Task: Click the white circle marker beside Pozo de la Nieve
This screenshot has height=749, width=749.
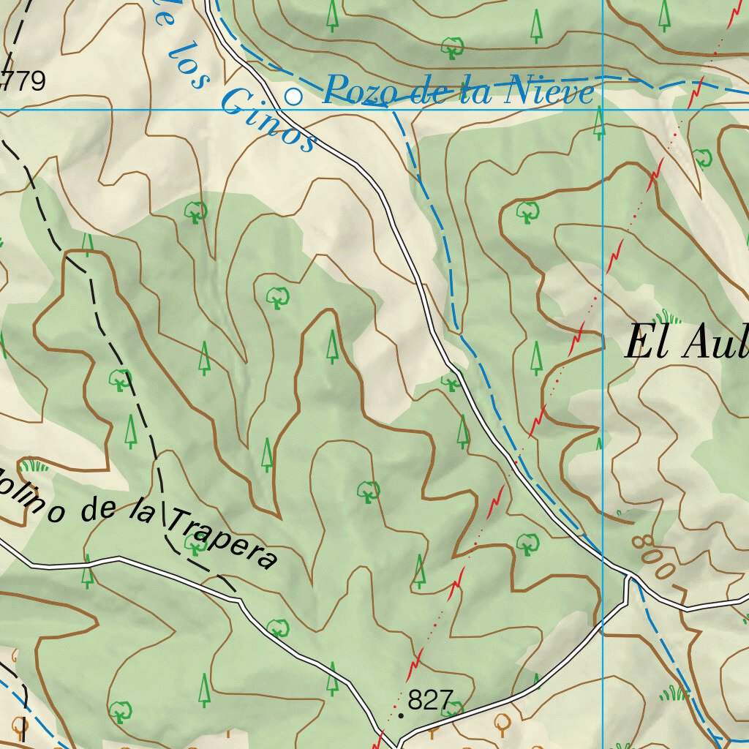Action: click(293, 97)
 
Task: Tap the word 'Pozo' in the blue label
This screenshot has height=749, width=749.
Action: click(354, 91)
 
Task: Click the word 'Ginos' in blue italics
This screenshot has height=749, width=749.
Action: click(268, 121)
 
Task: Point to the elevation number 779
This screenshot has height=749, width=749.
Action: click(24, 81)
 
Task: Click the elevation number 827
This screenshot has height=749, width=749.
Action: click(431, 700)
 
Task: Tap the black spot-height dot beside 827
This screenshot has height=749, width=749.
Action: click(400, 715)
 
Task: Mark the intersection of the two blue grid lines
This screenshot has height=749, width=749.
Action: click(602, 110)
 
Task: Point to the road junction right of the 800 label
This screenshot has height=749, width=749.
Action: click(628, 578)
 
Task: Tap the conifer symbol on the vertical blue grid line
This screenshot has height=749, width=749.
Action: click(600, 123)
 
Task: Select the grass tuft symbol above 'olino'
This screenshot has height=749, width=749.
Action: click(34, 465)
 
